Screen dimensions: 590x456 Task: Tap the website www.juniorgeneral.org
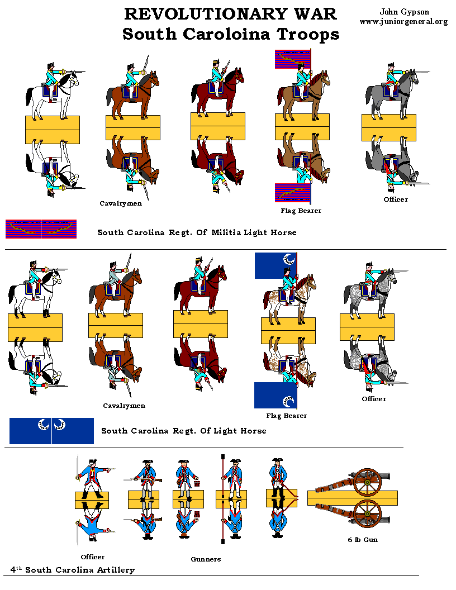tap(403, 22)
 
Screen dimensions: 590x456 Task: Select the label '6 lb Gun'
tap(362, 540)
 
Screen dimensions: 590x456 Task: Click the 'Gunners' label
tap(206, 559)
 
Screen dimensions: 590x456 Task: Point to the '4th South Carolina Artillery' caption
tap(73, 570)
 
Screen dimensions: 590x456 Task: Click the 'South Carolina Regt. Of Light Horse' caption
tap(183, 431)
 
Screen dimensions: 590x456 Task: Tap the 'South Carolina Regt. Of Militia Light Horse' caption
tap(197, 232)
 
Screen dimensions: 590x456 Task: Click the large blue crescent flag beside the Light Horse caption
tap(51, 431)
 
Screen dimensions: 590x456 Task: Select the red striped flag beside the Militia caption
tap(41, 229)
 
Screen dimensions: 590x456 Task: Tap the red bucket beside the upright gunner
tap(197, 482)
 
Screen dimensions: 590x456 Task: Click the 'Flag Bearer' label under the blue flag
tap(286, 416)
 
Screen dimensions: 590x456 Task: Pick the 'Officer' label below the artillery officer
tap(92, 557)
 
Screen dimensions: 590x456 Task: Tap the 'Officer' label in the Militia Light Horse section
tap(396, 199)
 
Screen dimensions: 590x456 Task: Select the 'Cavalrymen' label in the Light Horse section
tap(124, 406)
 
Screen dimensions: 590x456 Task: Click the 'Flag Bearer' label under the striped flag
tap(301, 211)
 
